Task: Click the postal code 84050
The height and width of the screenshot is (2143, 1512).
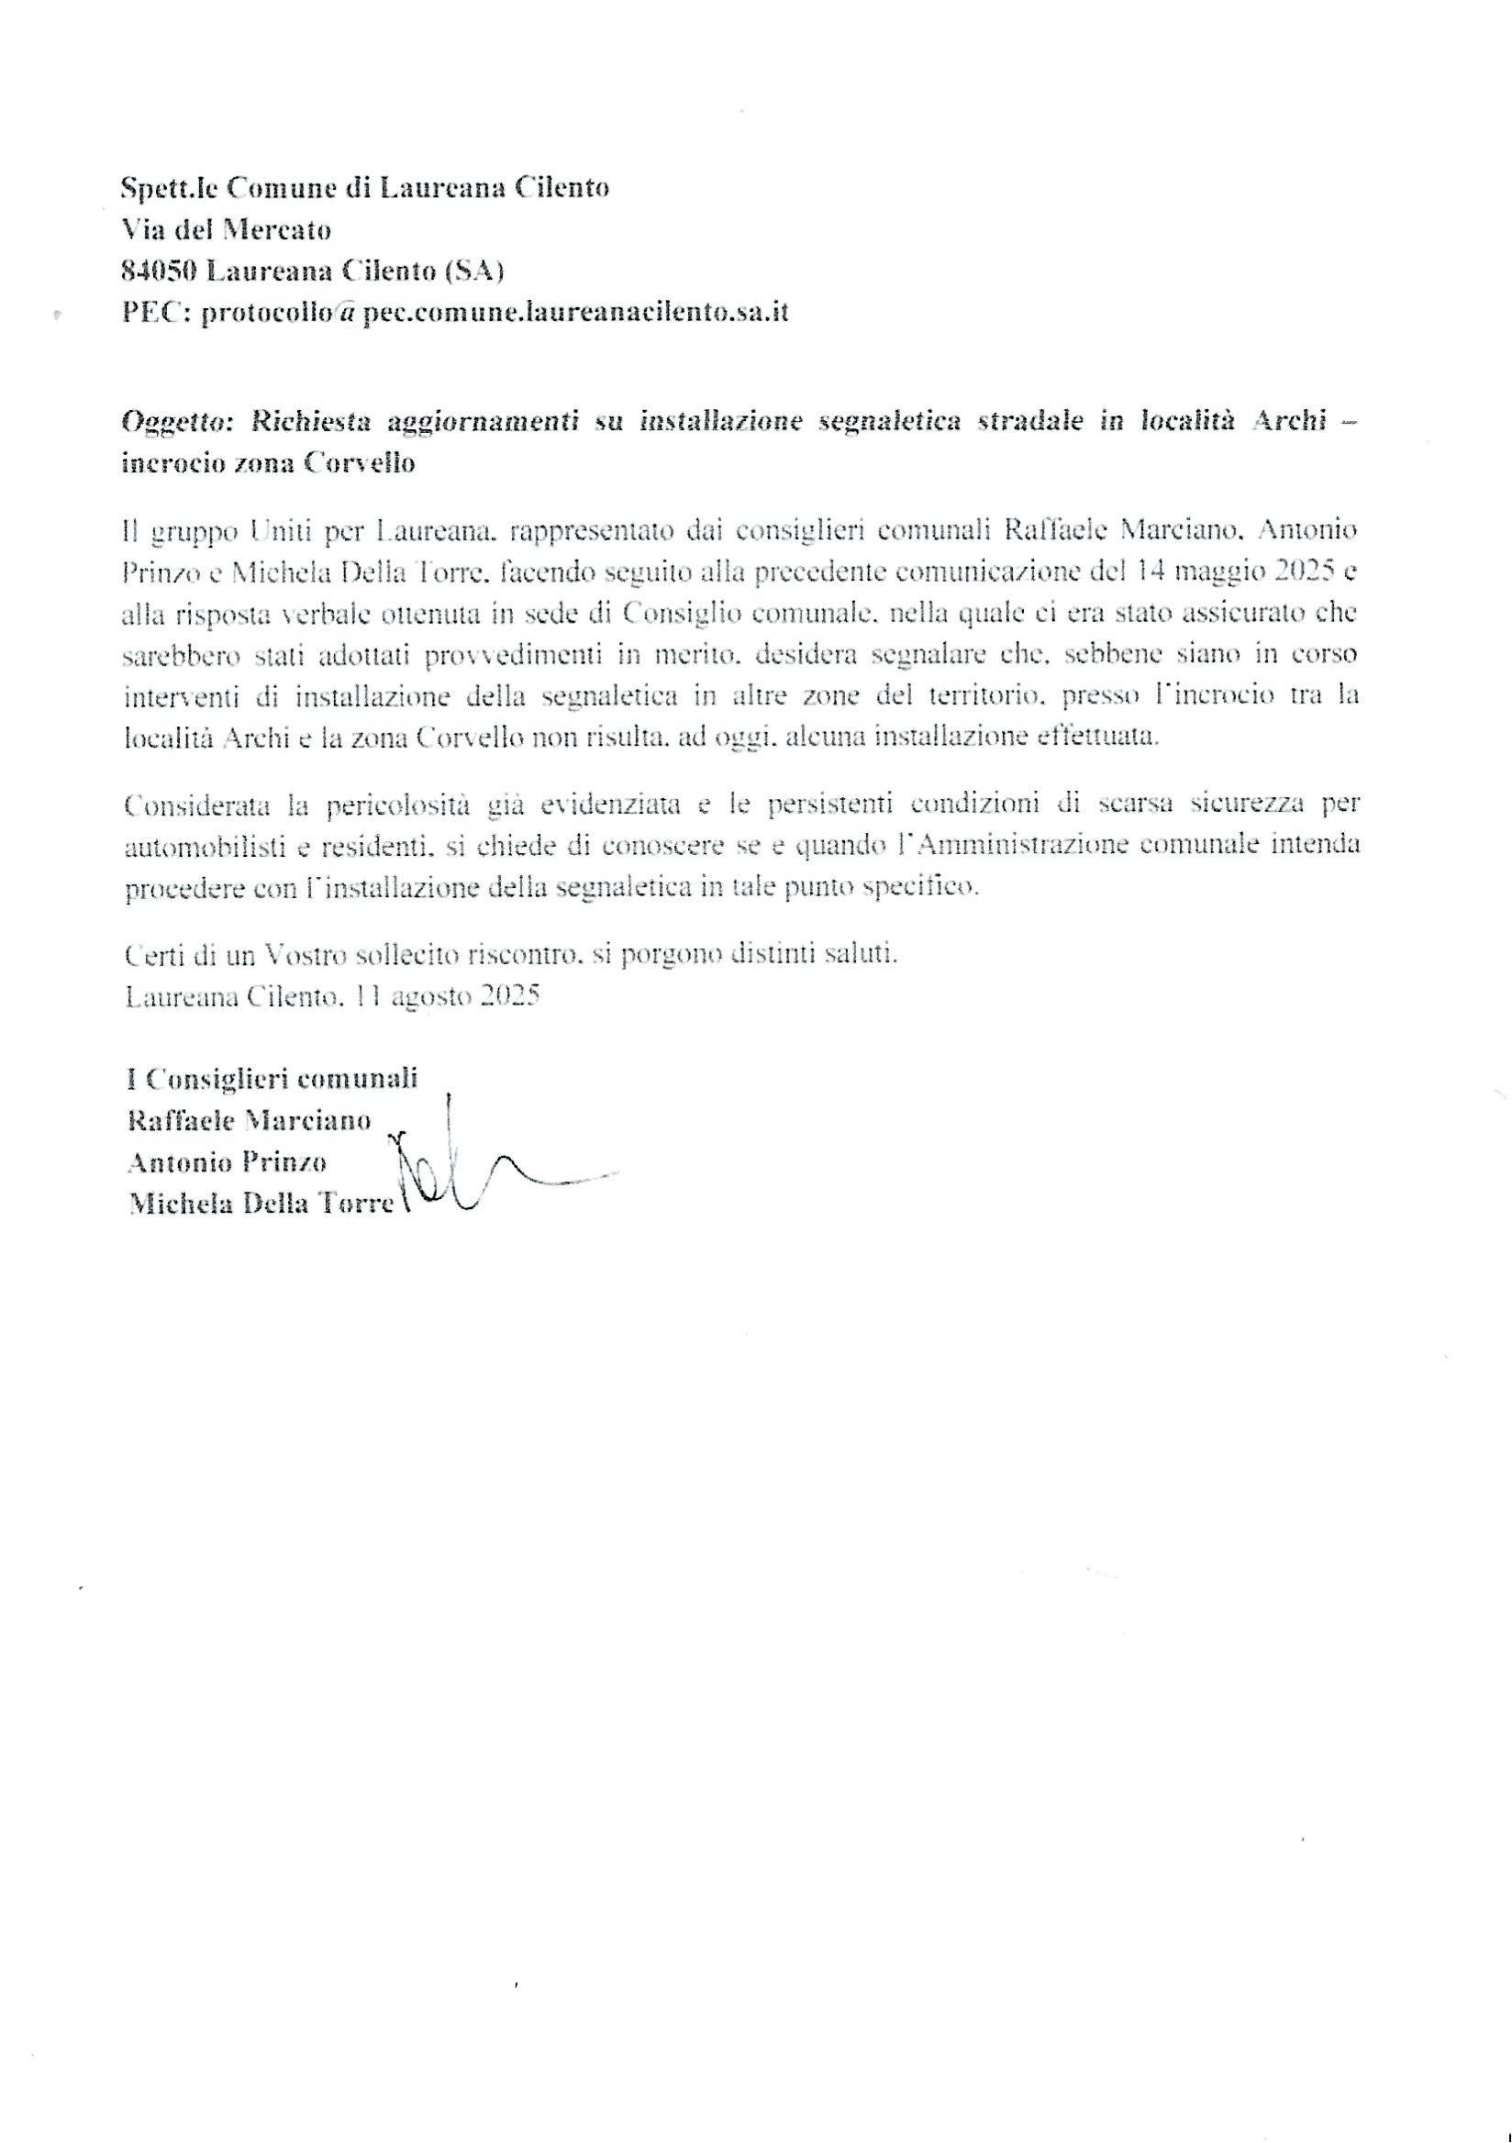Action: [x=159, y=271]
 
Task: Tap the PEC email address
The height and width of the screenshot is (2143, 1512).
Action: [x=495, y=312]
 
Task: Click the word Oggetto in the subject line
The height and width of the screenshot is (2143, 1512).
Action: [x=176, y=421]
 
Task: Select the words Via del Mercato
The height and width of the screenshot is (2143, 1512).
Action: [x=226, y=228]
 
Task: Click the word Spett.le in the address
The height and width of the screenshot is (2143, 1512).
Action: [x=169, y=188]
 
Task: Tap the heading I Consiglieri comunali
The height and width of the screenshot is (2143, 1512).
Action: [x=272, y=1079]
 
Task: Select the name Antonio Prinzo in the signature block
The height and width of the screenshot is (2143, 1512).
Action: [x=227, y=1162]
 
